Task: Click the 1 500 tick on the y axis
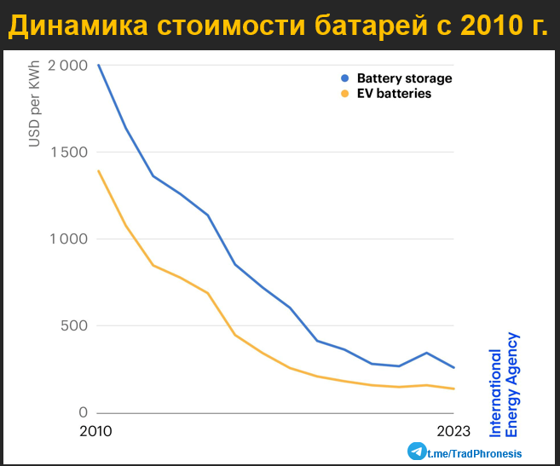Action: tap(69, 152)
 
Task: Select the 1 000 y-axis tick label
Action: tap(69, 239)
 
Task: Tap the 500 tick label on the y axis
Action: tap(74, 326)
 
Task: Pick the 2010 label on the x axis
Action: tap(95, 431)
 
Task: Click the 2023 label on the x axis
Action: tap(453, 431)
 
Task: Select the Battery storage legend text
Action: tap(404, 78)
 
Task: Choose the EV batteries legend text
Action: tap(394, 94)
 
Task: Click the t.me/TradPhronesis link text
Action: tap(474, 453)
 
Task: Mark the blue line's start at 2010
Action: tap(98, 65)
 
